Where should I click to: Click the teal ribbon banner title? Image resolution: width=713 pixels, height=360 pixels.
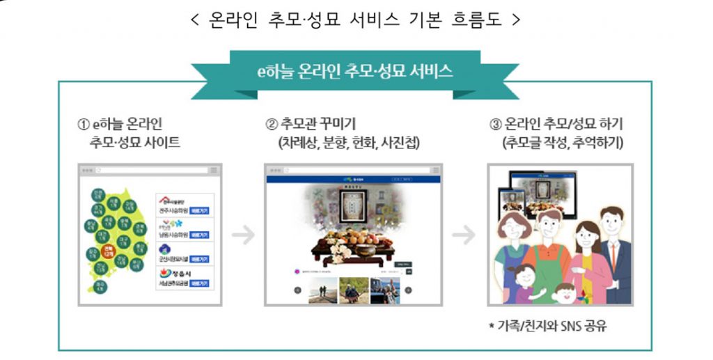point(354,71)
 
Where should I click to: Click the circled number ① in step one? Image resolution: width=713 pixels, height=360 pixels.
point(82,125)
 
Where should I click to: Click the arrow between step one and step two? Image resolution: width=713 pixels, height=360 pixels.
point(243,236)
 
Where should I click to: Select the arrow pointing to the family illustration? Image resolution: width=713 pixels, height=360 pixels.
point(463,236)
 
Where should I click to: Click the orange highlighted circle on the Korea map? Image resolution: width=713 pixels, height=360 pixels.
point(108,251)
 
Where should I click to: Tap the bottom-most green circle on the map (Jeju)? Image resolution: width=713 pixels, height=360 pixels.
point(101,286)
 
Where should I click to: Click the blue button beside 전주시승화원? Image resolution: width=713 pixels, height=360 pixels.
point(200,210)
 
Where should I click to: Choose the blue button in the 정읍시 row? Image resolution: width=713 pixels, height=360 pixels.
point(200,284)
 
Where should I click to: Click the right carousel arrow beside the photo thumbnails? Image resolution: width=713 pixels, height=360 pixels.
point(409,290)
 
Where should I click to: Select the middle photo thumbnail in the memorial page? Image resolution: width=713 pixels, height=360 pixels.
point(353,290)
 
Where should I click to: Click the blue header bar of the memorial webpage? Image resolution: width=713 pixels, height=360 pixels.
point(353,180)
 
